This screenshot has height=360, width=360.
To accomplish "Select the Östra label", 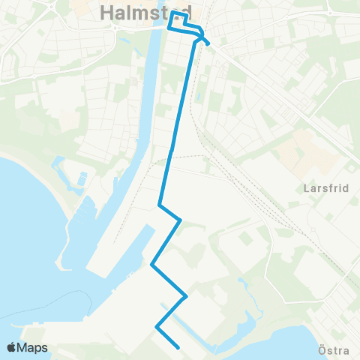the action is click(333, 349).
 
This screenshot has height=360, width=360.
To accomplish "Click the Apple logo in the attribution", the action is click(13, 347).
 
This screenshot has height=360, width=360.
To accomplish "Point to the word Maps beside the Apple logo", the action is click(33, 347).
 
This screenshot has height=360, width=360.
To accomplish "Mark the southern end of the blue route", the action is click(177, 347).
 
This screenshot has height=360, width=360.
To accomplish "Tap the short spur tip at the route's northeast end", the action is click(208, 43).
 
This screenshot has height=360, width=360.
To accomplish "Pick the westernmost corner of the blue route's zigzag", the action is click(152, 264).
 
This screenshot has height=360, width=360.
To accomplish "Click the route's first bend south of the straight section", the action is click(160, 205).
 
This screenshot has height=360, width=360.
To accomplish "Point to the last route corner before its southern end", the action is click(157, 327).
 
